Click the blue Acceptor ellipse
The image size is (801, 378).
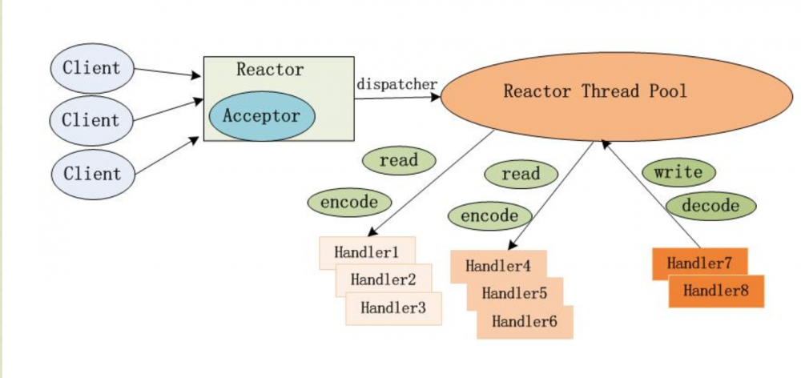(x=261, y=117)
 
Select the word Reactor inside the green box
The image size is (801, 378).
(x=270, y=70)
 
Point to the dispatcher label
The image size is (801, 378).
(x=396, y=84)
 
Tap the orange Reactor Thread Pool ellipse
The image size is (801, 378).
(x=594, y=91)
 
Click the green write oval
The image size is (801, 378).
(x=678, y=172)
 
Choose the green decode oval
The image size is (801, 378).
(x=710, y=206)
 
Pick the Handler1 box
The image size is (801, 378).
(x=366, y=252)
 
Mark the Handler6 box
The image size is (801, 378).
(x=525, y=322)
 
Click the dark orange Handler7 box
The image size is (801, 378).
(x=699, y=263)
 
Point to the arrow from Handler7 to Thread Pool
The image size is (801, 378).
(x=653, y=195)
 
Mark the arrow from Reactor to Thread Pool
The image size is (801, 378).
(x=396, y=98)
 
